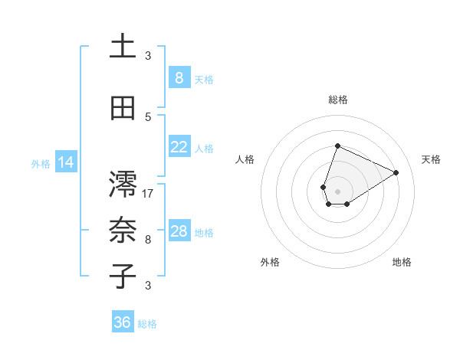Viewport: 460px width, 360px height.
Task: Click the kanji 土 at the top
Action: [x=123, y=46]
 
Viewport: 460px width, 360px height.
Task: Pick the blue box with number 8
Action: [x=179, y=78]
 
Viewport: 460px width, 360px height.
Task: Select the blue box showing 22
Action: [x=179, y=147]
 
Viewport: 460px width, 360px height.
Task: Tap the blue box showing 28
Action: [x=179, y=231]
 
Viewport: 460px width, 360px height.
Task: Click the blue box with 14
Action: [x=66, y=162]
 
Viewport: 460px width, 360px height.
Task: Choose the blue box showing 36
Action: [x=123, y=322]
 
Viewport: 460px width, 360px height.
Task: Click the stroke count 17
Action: [x=148, y=194]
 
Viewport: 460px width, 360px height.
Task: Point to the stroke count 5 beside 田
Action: [x=148, y=117]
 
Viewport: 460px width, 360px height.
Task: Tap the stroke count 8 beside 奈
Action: [x=148, y=240]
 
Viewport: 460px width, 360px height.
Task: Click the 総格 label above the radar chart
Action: [x=337, y=100]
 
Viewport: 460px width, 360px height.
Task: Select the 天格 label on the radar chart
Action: [x=431, y=159]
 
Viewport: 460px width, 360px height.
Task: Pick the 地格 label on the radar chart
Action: [x=402, y=262]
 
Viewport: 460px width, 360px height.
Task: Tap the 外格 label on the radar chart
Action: [x=270, y=262]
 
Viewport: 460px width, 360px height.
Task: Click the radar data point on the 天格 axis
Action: [x=396, y=172]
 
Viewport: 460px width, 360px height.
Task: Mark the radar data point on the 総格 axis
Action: [x=337, y=146]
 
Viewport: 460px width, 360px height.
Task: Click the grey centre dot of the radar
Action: [x=337, y=191]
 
